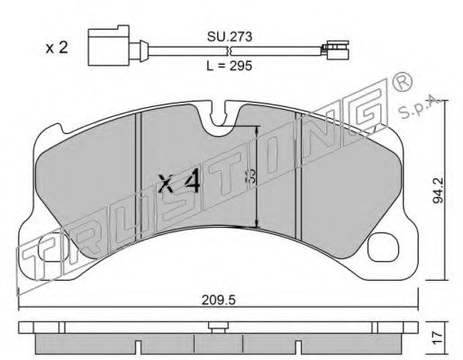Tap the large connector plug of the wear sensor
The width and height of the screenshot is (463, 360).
click(107, 47)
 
